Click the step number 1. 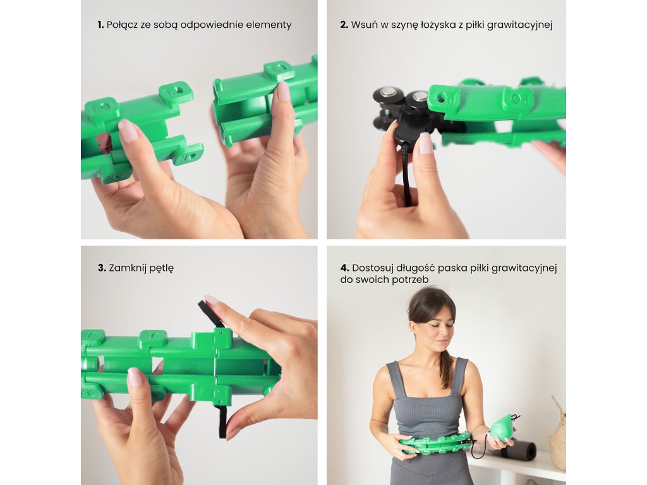(x=100, y=25)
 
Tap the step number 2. (x=344, y=25)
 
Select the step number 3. (x=102, y=268)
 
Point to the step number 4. (x=344, y=268)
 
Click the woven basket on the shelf (x=558, y=435)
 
